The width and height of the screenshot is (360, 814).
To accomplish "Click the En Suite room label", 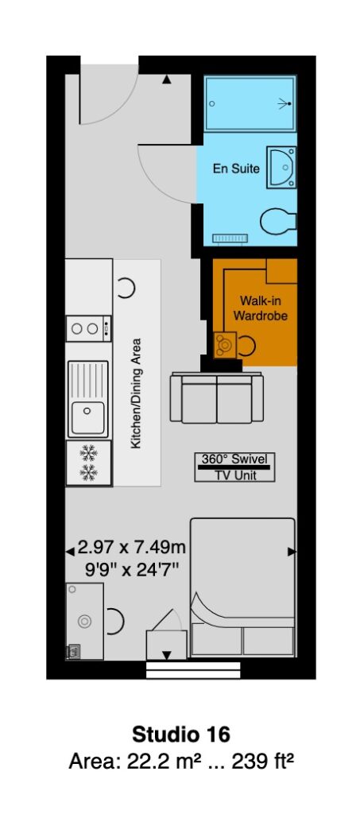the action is [x=236, y=169].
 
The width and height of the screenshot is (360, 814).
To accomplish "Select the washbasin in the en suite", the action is [x=281, y=167].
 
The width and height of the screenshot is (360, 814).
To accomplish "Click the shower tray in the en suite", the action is [x=250, y=104].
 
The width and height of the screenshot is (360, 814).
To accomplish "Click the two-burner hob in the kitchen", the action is [x=89, y=328].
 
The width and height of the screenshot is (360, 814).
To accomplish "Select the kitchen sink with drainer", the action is [x=88, y=399].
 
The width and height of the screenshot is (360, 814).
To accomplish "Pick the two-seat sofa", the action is [x=217, y=397].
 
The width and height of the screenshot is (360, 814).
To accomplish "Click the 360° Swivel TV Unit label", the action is [x=235, y=467].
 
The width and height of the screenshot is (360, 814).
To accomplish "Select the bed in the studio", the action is [x=242, y=587].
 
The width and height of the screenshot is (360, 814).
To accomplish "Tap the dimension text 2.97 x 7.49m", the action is [x=132, y=547].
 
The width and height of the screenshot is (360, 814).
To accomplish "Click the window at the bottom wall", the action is [x=193, y=669].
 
